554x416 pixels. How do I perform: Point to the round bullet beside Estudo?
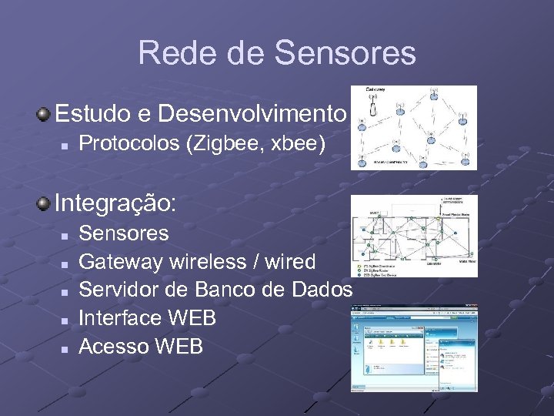(x=45, y=115)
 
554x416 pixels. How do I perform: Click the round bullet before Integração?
(x=45, y=203)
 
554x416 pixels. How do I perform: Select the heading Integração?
(x=115, y=203)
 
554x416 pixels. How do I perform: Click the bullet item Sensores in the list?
(x=123, y=233)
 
